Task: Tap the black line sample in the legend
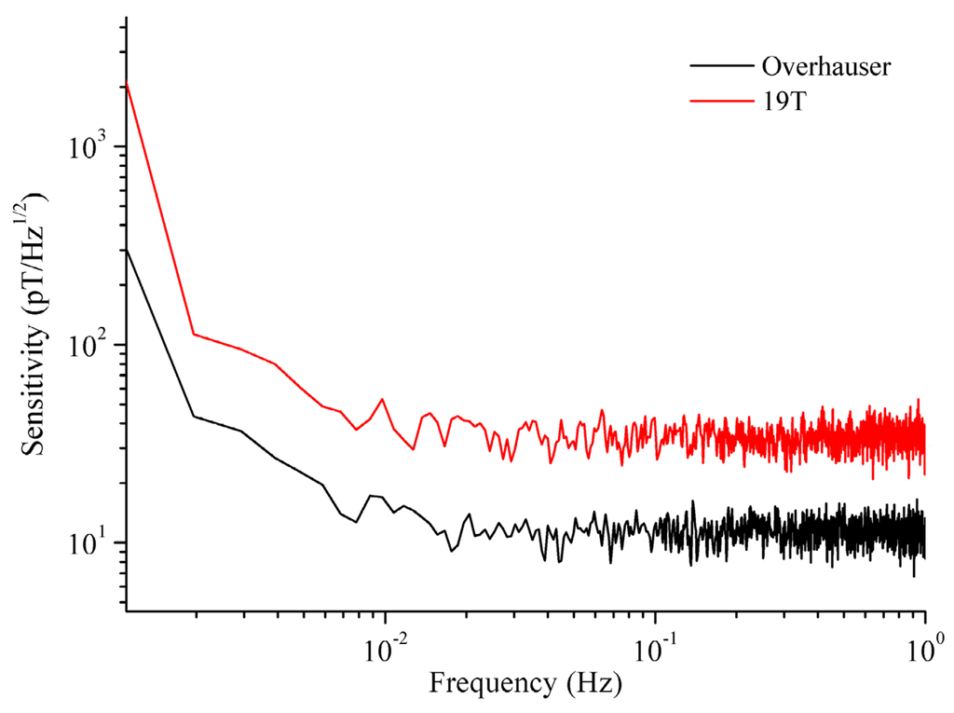click(x=721, y=66)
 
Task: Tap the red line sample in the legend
click(x=721, y=97)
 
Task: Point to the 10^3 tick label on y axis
click(x=89, y=147)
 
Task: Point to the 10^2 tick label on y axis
click(x=89, y=345)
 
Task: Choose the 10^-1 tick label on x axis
click(x=654, y=644)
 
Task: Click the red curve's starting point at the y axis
click(x=126, y=82)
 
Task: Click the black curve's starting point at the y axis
click(x=126, y=249)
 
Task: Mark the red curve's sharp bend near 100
click(x=194, y=334)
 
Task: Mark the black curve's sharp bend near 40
click(x=194, y=416)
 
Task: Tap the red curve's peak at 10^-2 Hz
click(x=382, y=399)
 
